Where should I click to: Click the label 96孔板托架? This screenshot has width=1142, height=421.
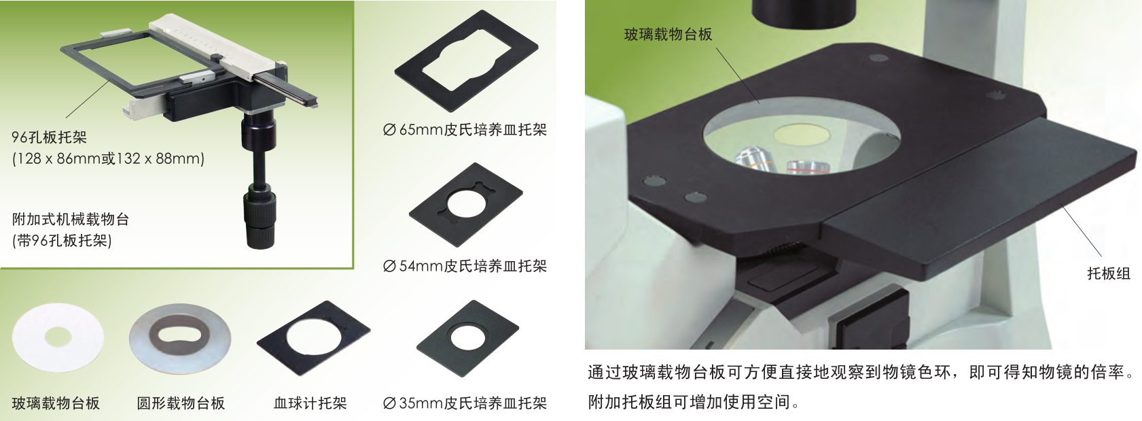tap(50, 137)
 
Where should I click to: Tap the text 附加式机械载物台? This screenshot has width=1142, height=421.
tap(71, 220)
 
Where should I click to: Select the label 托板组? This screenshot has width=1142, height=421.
tap(1108, 273)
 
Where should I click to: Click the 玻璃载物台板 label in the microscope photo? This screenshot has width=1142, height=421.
tap(668, 34)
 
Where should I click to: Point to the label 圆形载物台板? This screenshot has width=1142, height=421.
tap(181, 403)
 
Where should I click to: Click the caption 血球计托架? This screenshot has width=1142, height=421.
tap(310, 403)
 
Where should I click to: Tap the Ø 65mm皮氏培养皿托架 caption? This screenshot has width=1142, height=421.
tap(465, 130)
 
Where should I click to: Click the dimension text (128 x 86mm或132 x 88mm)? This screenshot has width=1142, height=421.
tap(108, 158)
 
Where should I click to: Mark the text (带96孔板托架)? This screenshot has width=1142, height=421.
tap(62, 240)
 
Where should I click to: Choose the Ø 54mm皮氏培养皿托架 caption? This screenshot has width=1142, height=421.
tap(465, 266)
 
